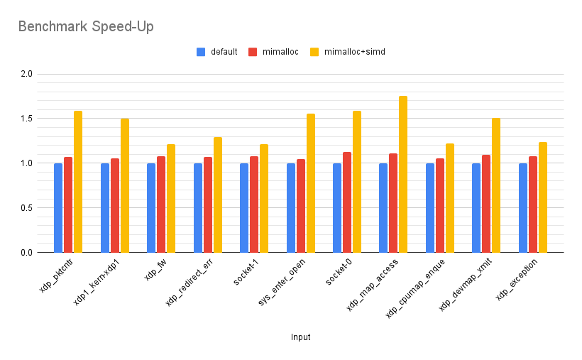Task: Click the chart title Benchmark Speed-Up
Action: [x=85, y=27]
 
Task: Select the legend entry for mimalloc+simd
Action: [x=353, y=52]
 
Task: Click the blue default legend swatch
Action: [x=201, y=52]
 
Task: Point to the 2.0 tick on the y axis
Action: [x=26, y=74]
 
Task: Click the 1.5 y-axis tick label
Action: [x=26, y=119]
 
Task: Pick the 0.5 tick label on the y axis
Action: [x=26, y=208]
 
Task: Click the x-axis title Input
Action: [x=300, y=337]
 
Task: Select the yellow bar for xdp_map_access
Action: [x=403, y=175]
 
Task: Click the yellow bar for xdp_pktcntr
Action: [x=78, y=182]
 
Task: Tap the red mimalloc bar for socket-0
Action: [x=347, y=202]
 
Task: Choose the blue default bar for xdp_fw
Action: [x=151, y=208]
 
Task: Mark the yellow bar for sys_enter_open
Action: [x=310, y=183]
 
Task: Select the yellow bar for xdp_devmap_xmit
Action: [x=496, y=185]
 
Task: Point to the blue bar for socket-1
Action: [x=244, y=208]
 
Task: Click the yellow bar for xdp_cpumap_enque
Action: [x=450, y=198]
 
